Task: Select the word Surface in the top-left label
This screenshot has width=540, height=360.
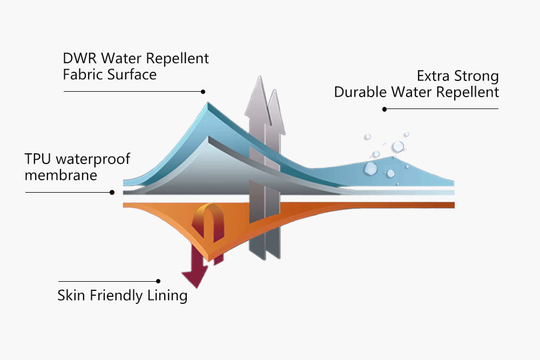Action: click(x=132, y=74)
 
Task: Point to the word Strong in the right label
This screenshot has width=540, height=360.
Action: click(x=477, y=76)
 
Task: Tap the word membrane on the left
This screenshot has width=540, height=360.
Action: click(x=60, y=175)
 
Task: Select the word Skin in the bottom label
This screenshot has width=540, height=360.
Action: click(x=71, y=296)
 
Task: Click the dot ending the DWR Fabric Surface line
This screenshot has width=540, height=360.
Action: click(x=204, y=92)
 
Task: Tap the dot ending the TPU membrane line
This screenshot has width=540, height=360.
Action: click(x=112, y=192)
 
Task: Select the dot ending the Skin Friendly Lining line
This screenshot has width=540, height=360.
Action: click(x=158, y=281)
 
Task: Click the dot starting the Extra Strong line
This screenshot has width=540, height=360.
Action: click(x=384, y=109)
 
